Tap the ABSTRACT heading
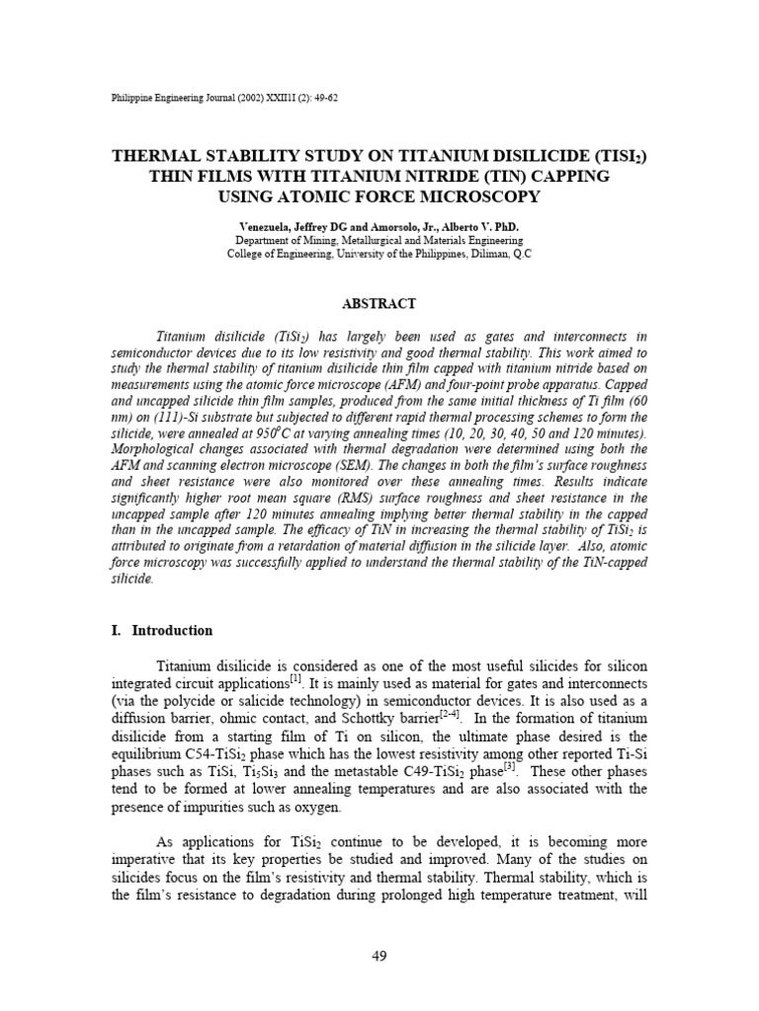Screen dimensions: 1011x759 click(379, 304)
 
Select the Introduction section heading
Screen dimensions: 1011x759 click(172, 631)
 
